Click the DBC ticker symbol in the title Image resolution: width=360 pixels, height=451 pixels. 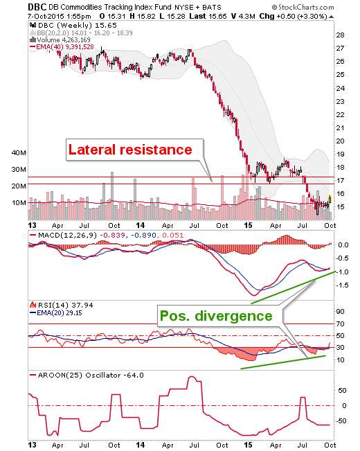point(37,7)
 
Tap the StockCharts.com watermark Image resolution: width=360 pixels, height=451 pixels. point(303,7)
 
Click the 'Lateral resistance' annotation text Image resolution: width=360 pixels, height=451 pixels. point(130,150)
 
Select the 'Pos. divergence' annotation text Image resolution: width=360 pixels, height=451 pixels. point(216,316)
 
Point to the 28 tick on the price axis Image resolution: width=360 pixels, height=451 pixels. point(340,35)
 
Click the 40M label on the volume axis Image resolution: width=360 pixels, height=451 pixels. point(19,152)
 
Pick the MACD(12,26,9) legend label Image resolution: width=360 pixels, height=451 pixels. point(67,236)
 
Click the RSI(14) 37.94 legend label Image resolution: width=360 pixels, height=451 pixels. point(66,306)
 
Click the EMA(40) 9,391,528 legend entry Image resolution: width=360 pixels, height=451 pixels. point(65,47)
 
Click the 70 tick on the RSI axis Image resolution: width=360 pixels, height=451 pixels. point(341,324)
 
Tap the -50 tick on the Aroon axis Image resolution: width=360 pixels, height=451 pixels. point(341,421)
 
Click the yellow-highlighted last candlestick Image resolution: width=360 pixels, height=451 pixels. point(330,199)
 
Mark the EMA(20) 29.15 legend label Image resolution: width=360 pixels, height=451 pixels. point(60,313)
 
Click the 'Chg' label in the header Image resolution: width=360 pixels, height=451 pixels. point(267,17)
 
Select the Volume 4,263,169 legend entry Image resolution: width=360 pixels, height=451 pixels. point(64,40)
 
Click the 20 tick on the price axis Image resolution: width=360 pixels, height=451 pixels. point(340,141)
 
